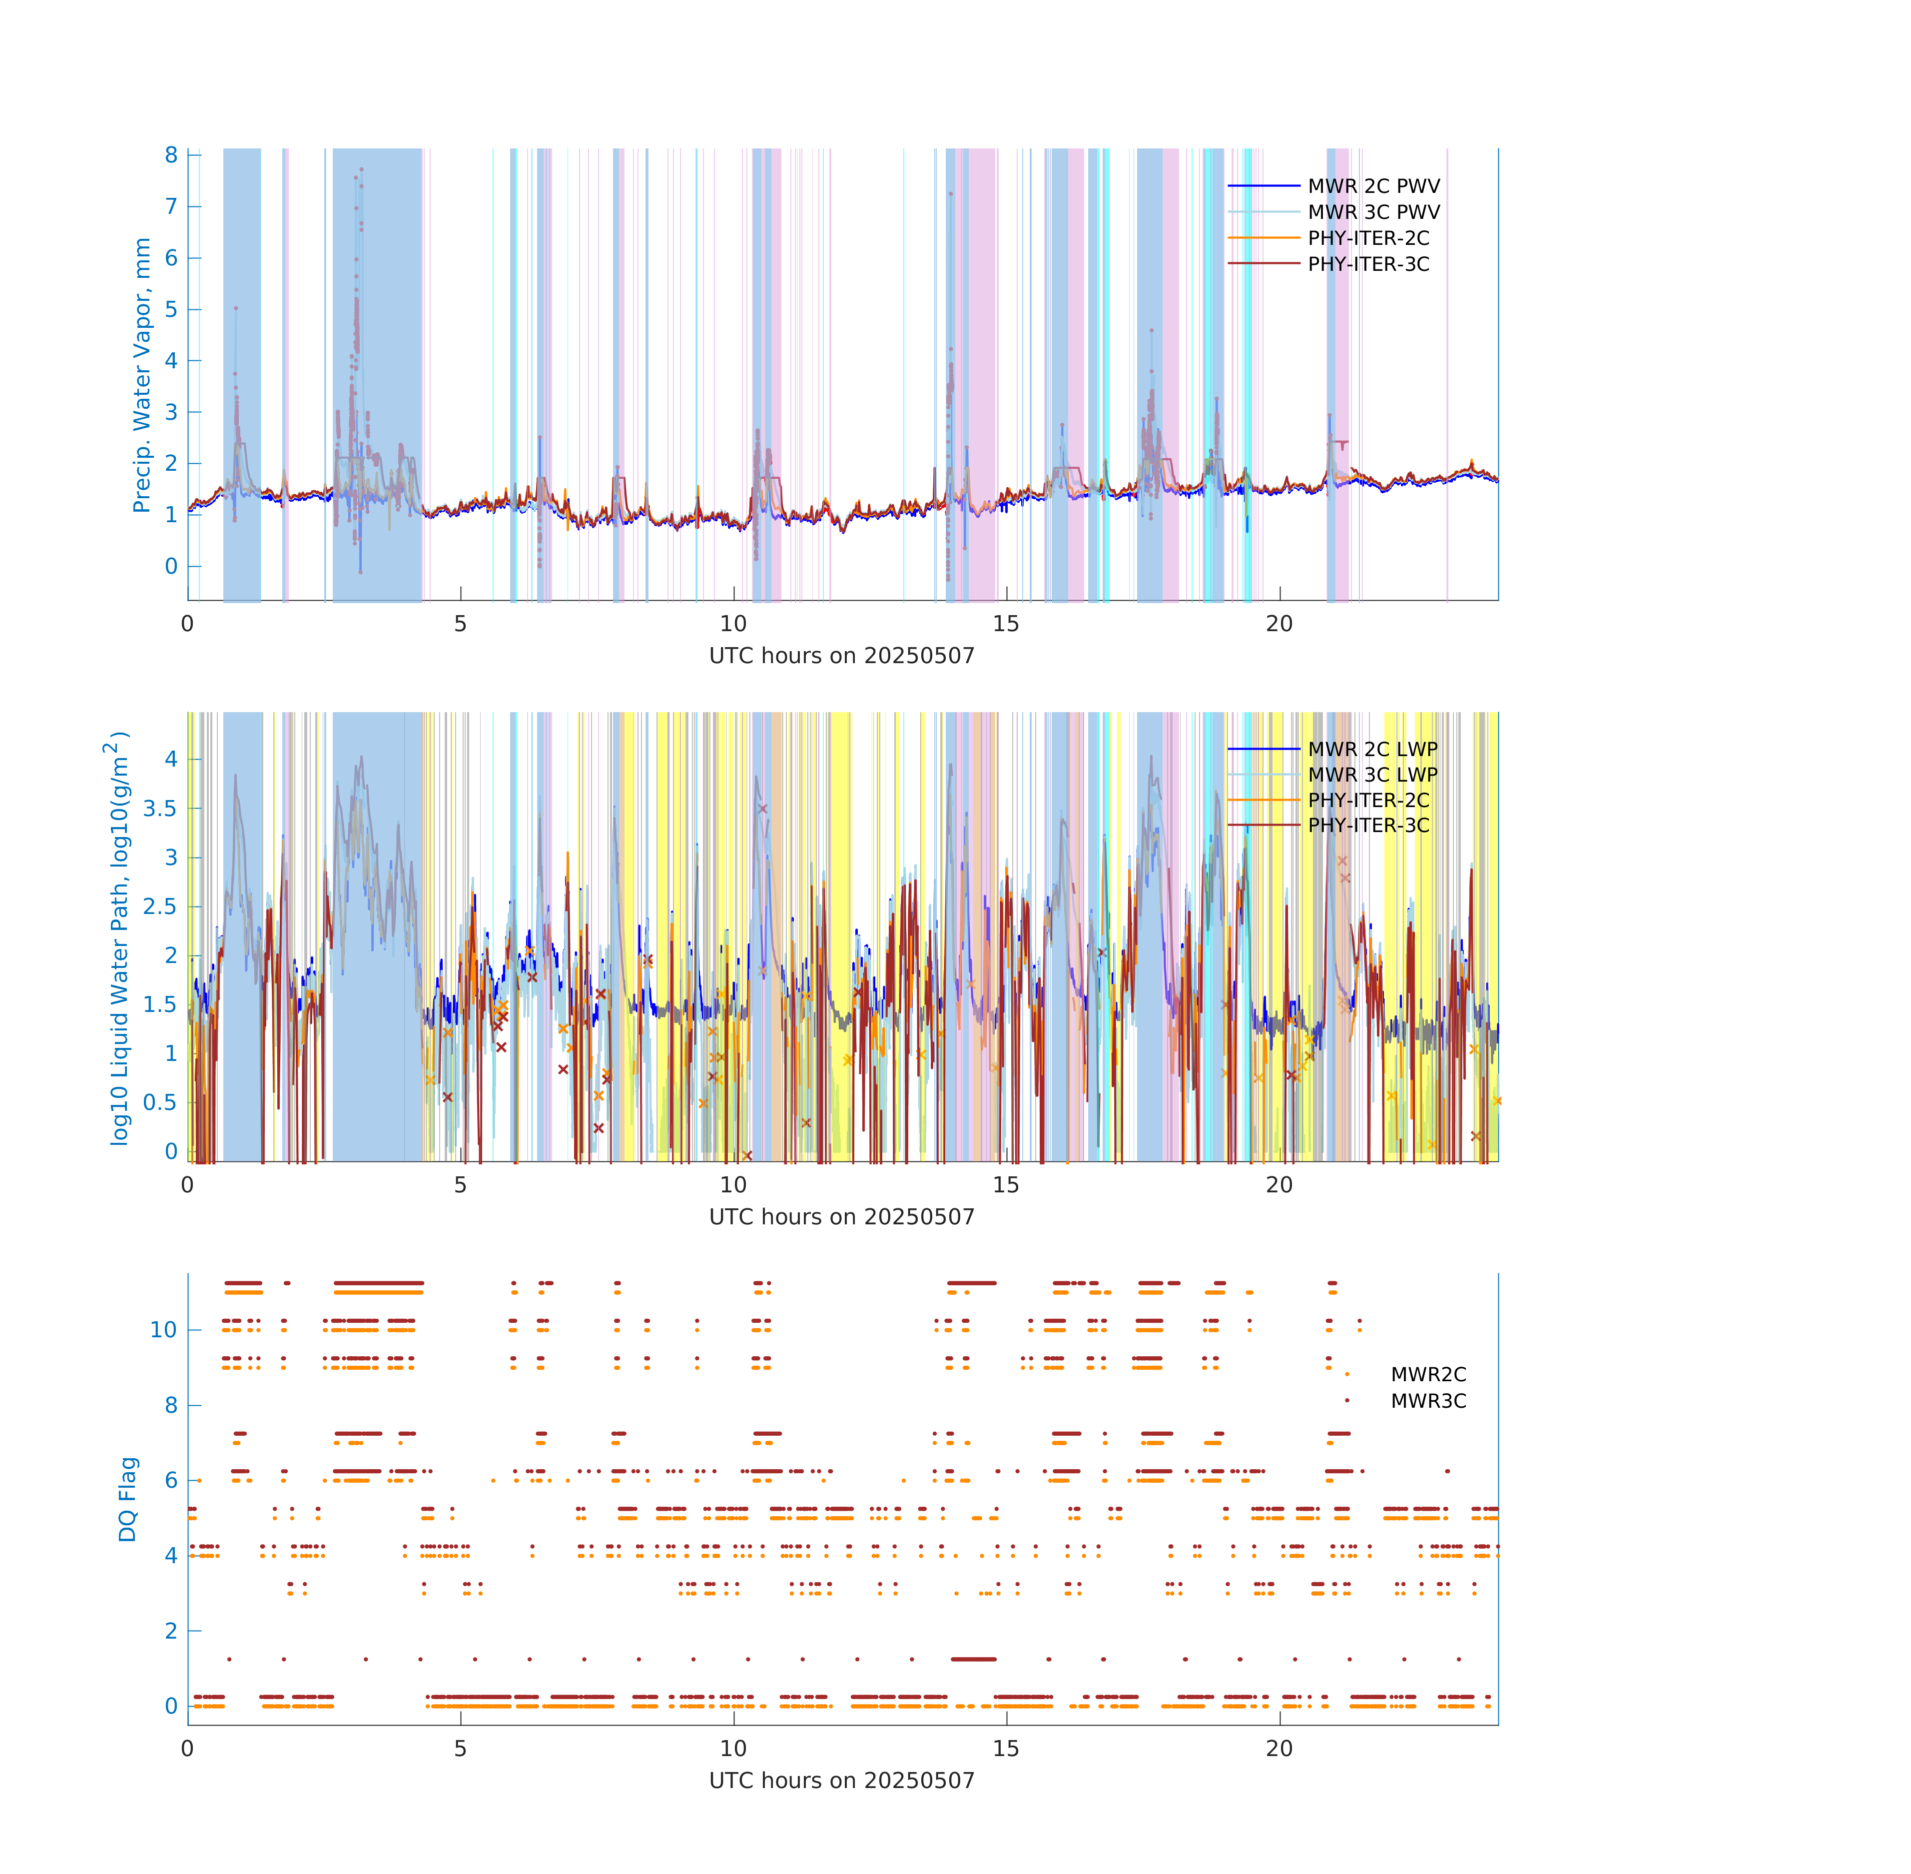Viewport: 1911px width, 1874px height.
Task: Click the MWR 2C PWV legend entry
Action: click(1373, 186)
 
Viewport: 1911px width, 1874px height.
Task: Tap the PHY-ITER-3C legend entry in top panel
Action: click(1368, 264)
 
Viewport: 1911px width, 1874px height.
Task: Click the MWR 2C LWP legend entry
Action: click(1372, 749)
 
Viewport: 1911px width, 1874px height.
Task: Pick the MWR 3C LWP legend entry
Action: click(1372, 775)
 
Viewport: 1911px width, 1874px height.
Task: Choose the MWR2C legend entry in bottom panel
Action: click(1428, 1374)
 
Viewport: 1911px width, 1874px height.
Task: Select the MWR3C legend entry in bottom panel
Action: click(1428, 1401)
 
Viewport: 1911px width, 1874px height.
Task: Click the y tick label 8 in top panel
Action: click(171, 155)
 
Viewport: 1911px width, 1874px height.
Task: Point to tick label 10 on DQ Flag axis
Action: click(163, 1330)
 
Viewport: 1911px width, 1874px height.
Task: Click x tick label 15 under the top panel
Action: click(1006, 624)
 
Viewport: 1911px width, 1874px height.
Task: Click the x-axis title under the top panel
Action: click(841, 656)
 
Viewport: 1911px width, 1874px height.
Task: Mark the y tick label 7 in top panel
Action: click(171, 207)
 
